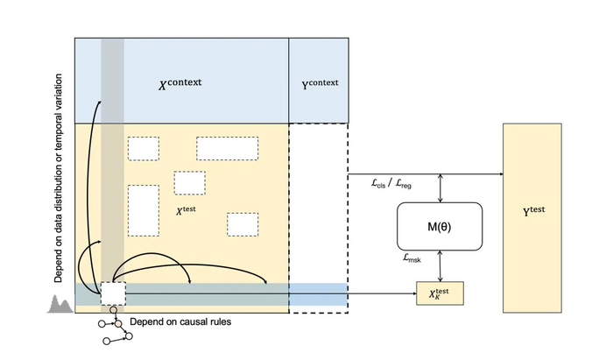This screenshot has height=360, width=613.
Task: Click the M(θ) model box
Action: click(440, 227)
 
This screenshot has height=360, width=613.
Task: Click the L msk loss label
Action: click(409, 260)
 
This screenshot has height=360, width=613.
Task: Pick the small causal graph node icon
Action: click(112, 332)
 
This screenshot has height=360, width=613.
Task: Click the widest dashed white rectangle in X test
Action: click(227, 148)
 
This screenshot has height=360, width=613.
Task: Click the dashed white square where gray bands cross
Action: click(113, 293)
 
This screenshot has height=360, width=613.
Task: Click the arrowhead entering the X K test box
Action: click(414, 293)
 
